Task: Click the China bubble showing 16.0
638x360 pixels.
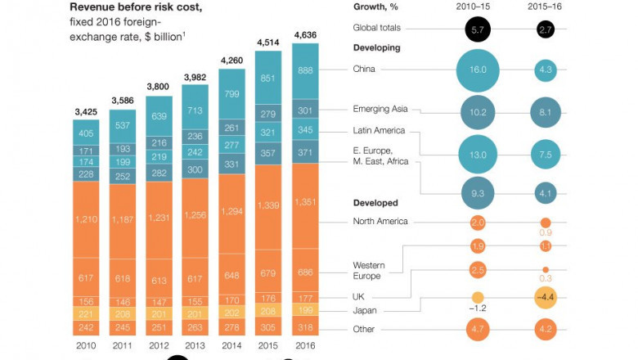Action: pyautogui.click(x=478, y=70)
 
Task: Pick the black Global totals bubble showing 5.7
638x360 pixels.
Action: pyautogui.click(x=478, y=30)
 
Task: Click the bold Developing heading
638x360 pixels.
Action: pyautogui.click(x=377, y=48)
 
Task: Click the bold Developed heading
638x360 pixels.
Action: pyautogui.click(x=375, y=202)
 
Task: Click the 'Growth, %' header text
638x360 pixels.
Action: pyautogui.click(x=377, y=5)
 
